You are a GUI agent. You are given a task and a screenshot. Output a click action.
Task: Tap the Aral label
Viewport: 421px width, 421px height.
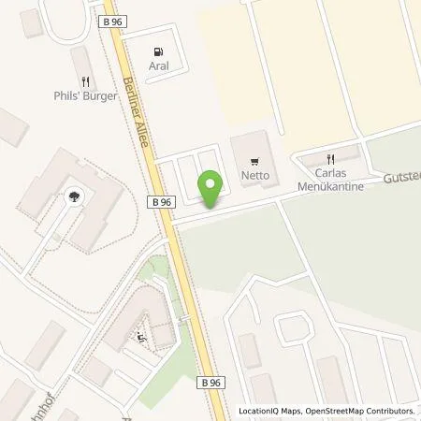click(x=157, y=66)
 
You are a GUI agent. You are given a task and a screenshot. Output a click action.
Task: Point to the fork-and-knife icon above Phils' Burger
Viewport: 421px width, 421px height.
click(x=84, y=81)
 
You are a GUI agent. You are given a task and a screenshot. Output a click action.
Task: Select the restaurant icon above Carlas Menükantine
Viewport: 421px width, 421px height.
click(x=329, y=158)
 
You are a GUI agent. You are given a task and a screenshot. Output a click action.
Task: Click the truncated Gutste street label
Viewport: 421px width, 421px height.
click(x=399, y=178)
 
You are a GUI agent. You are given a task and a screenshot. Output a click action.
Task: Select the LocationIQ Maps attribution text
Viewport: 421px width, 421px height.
click(x=269, y=411)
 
